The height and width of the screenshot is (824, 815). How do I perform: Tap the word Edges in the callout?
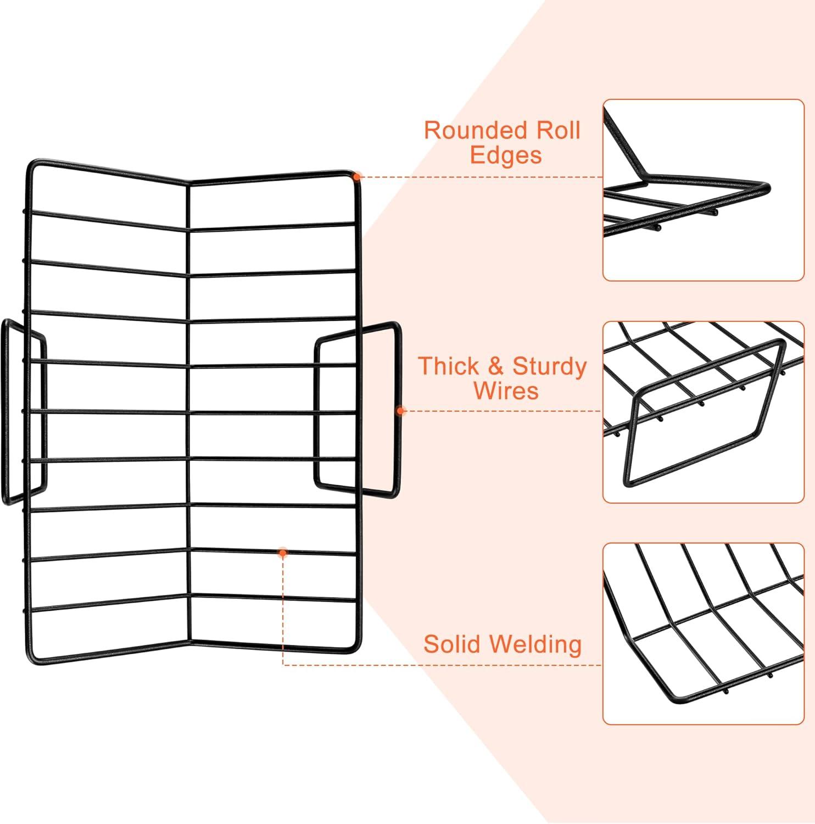[506, 155]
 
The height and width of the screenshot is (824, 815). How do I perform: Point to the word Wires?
[506, 391]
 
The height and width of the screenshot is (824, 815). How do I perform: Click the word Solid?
[453, 644]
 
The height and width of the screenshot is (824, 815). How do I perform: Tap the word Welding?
[535, 645]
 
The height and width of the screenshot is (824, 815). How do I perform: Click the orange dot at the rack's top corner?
[357, 177]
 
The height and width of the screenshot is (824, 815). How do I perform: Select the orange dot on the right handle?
[400, 410]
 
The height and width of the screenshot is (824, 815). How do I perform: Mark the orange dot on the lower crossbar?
[283, 553]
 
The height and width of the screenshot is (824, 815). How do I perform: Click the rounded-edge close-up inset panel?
[704, 190]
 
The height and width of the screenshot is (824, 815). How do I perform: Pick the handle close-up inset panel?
[704, 412]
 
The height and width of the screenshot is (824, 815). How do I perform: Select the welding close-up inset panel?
[704, 634]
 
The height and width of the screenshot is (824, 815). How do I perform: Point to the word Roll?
[558, 131]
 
